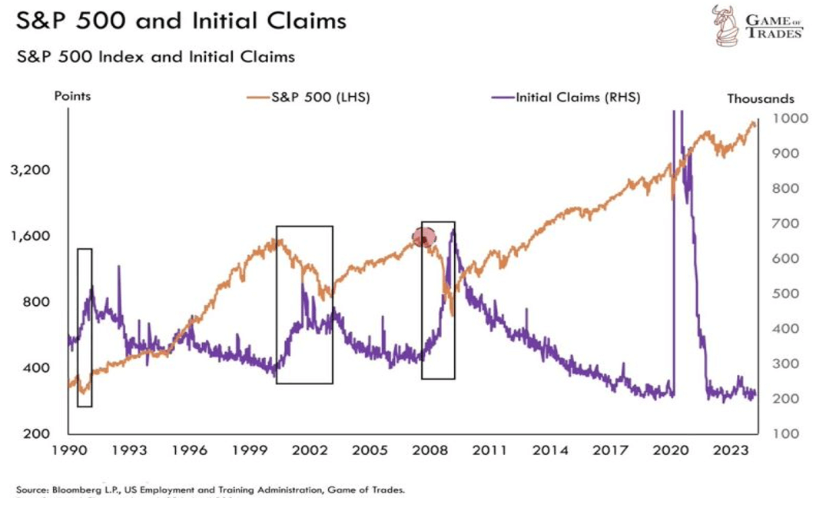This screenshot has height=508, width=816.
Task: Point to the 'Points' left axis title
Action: [72, 98]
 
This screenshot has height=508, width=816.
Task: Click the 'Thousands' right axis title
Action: [760, 98]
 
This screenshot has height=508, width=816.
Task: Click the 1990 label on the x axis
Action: [69, 451]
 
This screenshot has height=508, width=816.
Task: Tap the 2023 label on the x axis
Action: [731, 451]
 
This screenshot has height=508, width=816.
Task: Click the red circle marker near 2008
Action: [423, 237]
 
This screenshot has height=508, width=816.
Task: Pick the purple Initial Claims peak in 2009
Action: [453, 230]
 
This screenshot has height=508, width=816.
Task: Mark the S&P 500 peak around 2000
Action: [275, 241]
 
